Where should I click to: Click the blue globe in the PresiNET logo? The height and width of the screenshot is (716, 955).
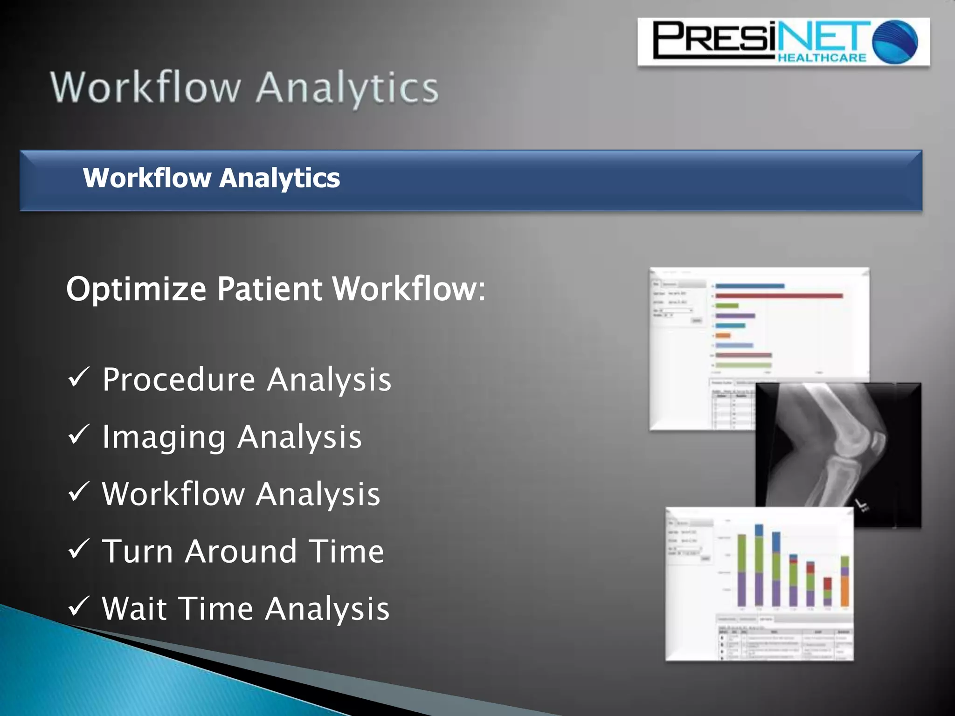pos(895,42)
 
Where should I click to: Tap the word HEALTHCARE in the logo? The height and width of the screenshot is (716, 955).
pos(822,57)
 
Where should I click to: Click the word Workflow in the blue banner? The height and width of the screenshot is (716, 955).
pos(147,178)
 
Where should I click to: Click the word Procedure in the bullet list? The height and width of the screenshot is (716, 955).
pos(179,379)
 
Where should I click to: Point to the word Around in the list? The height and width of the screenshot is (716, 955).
pos(241,551)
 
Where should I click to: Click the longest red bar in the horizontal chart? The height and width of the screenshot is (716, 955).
pos(779,296)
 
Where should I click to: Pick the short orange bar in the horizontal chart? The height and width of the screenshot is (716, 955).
pos(723,335)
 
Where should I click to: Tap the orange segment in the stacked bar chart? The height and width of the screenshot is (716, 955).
pos(844,591)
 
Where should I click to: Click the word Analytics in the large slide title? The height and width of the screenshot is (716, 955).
pos(347,89)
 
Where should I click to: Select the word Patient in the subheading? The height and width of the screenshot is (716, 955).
pos(269,289)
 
